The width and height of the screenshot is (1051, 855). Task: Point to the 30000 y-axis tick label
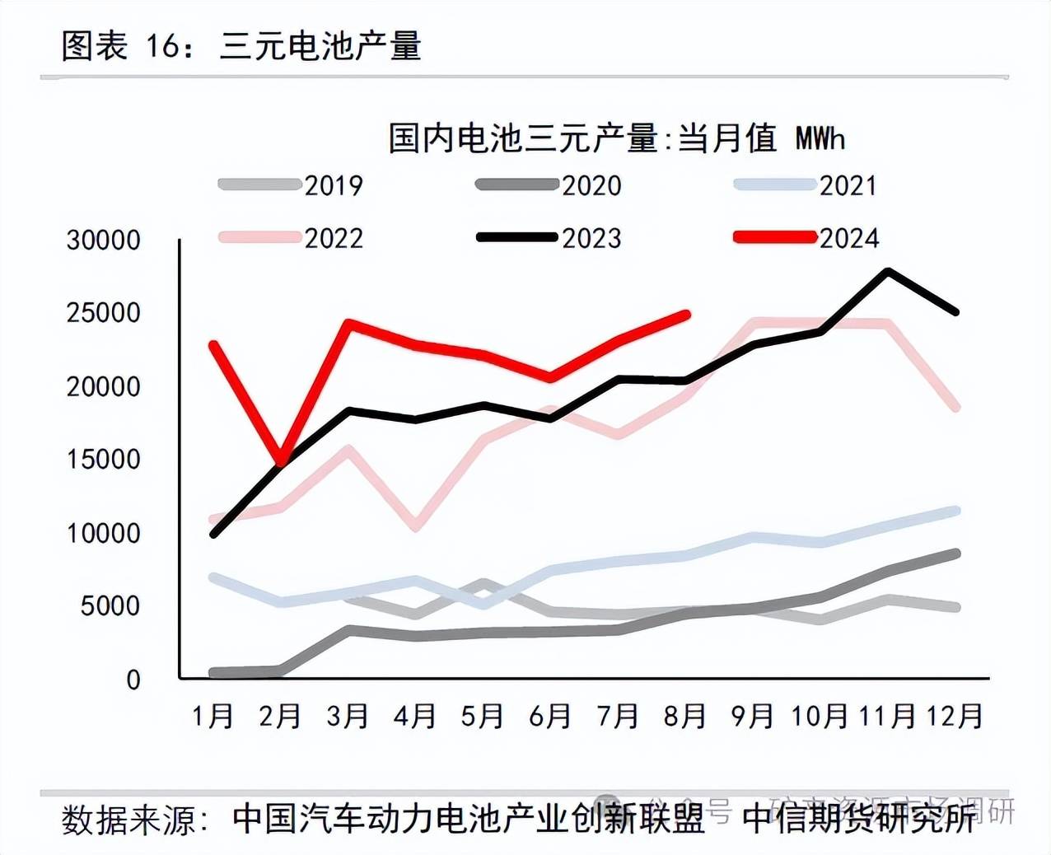point(104,241)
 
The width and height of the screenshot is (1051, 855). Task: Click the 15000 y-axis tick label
point(104,460)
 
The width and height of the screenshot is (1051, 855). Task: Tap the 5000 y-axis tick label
point(110,606)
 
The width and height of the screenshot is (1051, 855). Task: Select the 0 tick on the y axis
point(133,680)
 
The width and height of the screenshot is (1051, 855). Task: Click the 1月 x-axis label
point(213,716)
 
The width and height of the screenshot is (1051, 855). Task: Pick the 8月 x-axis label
point(684,716)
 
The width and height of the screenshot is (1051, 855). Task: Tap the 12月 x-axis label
point(955,716)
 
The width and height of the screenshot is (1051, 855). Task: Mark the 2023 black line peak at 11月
point(887,271)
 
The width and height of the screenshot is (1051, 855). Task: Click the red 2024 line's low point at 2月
point(282,463)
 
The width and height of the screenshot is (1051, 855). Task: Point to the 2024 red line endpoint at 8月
point(686,314)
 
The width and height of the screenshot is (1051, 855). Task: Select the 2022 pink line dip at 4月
point(416,526)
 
